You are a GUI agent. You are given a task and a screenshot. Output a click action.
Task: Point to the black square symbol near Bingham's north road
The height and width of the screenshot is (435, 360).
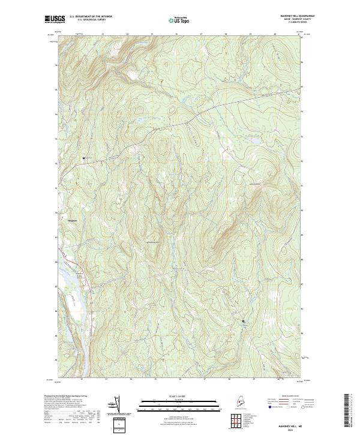coord(83,158)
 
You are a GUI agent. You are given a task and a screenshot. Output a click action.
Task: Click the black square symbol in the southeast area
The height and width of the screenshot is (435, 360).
coord(244,321)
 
